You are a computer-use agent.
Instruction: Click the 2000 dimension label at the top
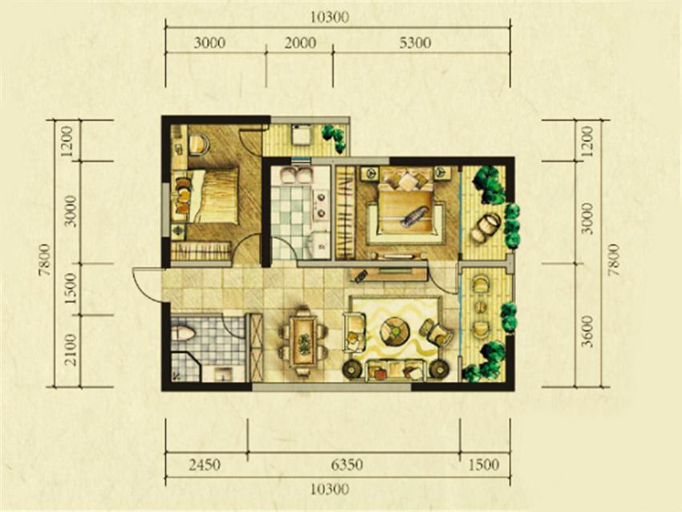[x=301, y=43]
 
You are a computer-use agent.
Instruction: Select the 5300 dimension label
[x=416, y=43]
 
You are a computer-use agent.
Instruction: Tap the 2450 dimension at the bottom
[x=205, y=465]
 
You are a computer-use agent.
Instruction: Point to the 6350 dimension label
[x=347, y=465]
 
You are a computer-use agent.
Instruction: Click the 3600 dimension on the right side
[x=587, y=331]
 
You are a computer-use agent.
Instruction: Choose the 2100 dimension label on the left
[x=70, y=350]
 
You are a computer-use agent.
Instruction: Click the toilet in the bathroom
[x=183, y=334]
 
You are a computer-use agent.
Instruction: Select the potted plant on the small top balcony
[x=335, y=137]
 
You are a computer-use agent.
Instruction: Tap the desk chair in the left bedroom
[x=199, y=144]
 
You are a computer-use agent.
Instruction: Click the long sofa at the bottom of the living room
[x=395, y=370]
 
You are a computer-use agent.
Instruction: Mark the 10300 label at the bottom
[x=330, y=490]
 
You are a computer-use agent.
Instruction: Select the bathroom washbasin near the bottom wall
[x=223, y=374]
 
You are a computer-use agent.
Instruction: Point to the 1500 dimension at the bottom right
[x=484, y=465]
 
